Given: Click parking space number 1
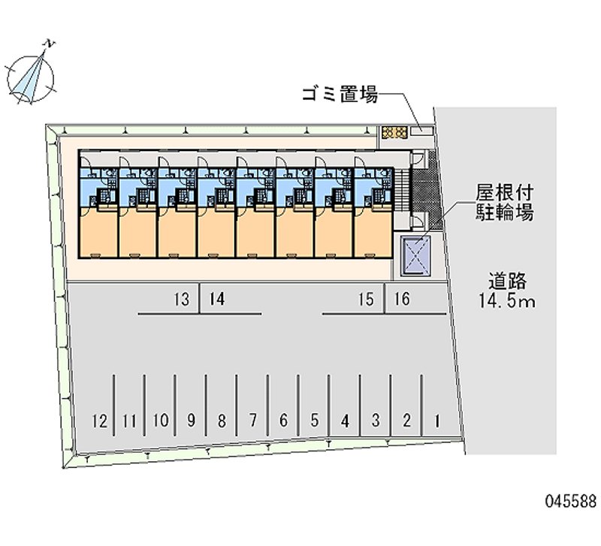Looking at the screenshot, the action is tap(437, 421).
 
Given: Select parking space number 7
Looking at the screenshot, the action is tap(252, 421).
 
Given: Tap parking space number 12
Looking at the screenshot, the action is tap(100, 421).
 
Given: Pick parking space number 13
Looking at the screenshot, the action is tap(182, 299).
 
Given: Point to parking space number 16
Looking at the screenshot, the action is tap(402, 299).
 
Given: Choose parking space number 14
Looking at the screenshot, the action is tap(217, 299).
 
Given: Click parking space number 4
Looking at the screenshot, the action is tap(345, 421).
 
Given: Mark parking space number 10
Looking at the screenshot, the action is tap(161, 421).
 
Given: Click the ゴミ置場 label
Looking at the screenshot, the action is tap(340, 94).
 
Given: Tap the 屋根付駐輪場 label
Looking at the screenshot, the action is tap(504, 202).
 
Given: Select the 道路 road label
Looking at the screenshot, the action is tap(507, 282).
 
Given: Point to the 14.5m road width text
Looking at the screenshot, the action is tap(506, 302).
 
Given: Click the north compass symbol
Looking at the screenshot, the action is tap(31, 77).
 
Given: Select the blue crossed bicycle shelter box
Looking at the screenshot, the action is tap(415, 255).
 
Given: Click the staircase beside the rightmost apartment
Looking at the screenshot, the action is tap(402, 190).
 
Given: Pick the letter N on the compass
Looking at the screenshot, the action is tap(50, 44).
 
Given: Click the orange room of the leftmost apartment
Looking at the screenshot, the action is tap(98, 233).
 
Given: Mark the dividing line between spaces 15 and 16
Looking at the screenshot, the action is tap(385, 298).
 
